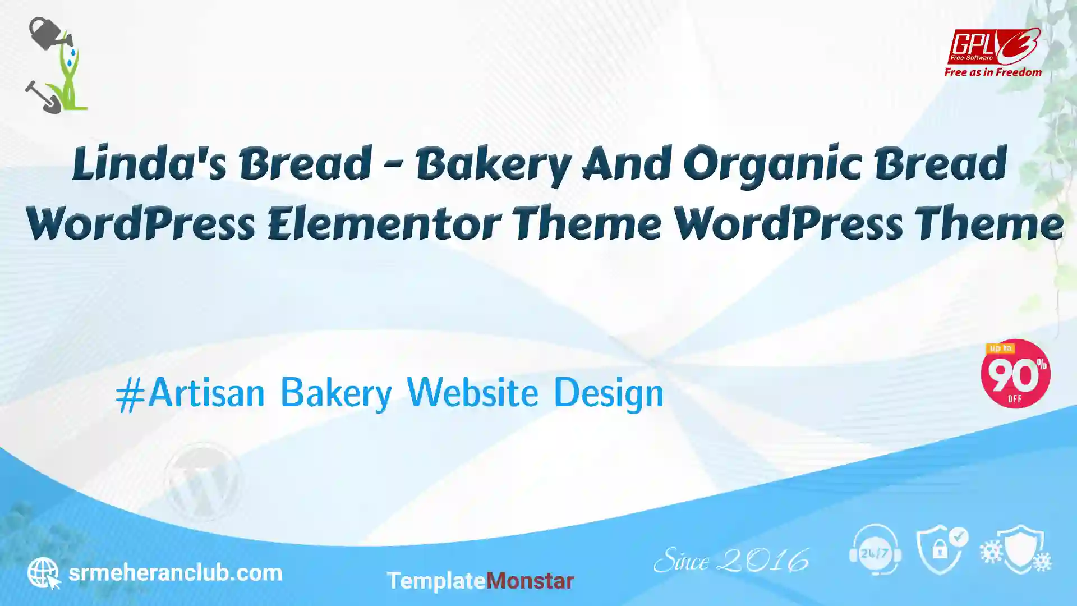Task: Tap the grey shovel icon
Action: tap(43, 97)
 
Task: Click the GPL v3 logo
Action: tap(993, 47)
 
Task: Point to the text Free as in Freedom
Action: tap(993, 72)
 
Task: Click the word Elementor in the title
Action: tap(384, 223)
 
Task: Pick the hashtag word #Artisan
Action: tap(190, 392)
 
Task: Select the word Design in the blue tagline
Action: tap(609, 393)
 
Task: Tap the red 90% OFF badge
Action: tap(1015, 374)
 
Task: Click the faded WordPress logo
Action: tap(203, 481)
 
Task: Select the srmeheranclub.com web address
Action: tap(175, 573)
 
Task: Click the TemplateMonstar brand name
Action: tap(480, 581)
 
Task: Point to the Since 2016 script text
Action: tap(731, 560)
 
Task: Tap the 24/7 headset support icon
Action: tap(875, 550)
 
